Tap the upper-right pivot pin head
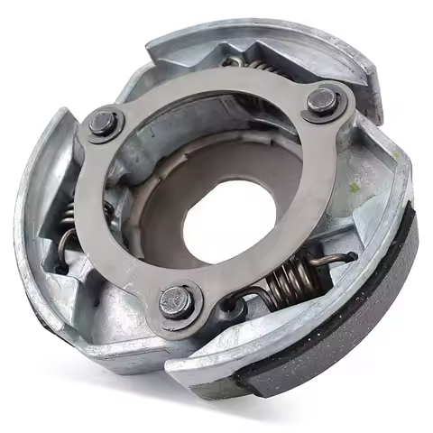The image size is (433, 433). (x=320, y=102)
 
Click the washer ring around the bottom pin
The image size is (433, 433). (x=159, y=307)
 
